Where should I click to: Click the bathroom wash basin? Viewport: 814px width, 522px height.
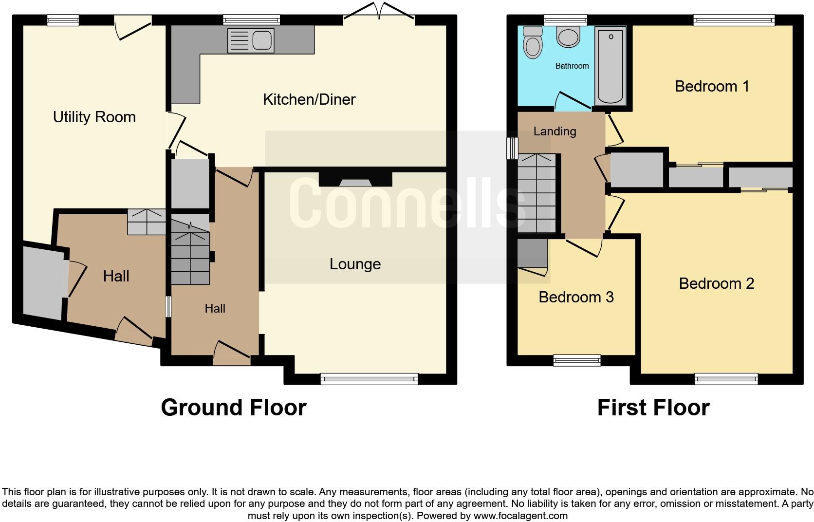[568, 37]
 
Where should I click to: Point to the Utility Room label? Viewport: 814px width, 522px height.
[94, 117]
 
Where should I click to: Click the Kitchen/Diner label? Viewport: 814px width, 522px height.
[309, 99]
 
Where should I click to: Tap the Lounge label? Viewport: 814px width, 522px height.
[355, 264]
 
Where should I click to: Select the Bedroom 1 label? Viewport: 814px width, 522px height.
[712, 86]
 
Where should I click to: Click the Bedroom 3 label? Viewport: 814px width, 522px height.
[576, 297]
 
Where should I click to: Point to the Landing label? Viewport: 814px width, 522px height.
[555, 131]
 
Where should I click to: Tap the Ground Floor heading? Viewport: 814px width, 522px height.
[234, 408]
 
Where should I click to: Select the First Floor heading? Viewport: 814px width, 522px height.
[653, 408]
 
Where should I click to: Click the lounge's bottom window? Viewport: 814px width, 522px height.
[369, 378]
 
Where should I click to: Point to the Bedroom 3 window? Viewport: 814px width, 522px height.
[577, 360]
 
